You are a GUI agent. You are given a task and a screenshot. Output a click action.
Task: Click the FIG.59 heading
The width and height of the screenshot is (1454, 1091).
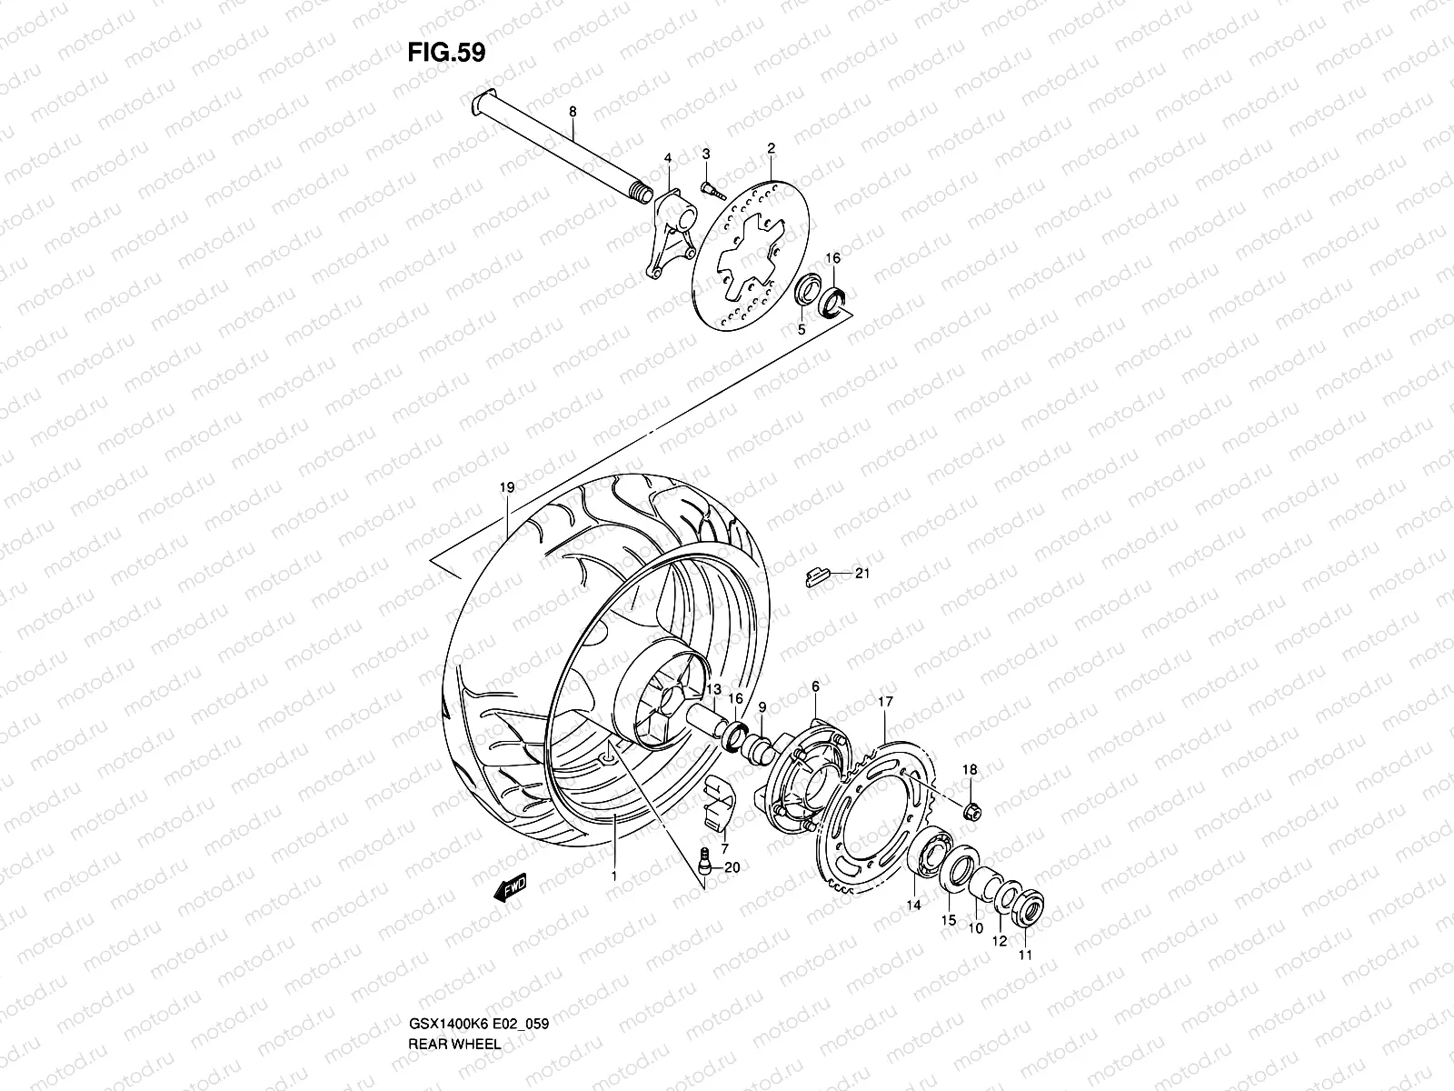tap(445, 53)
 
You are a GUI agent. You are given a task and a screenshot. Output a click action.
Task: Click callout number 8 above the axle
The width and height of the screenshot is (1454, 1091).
tap(573, 112)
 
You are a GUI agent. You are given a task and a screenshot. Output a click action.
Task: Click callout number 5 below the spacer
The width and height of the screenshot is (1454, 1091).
tap(802, 330)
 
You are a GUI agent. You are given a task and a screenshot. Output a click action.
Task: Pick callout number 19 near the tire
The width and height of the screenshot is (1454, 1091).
tap(507, 488)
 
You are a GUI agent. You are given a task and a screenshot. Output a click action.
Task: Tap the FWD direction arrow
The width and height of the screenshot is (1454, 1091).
tap(511, 887)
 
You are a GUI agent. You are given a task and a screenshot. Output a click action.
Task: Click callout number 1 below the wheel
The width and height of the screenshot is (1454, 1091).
tap(614, 877)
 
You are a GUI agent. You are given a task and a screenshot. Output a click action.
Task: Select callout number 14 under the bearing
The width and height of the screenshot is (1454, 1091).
tap(913, 905)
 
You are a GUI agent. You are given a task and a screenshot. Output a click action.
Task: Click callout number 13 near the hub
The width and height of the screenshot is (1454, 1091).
tap(713, 689)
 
